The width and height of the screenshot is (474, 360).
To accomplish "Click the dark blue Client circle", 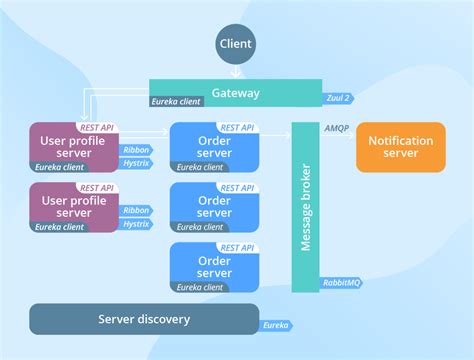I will [x=236, y=45].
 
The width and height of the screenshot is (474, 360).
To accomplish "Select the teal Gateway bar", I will [x=235, y=92].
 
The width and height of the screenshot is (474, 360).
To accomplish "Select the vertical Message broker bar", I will [x=304, y=205].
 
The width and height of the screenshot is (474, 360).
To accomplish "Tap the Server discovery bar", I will [x=143, y=319].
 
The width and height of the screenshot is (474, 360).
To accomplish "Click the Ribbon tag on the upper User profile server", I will [x=136, y=150].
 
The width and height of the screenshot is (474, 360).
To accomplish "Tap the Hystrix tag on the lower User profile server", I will [x=136, y=225].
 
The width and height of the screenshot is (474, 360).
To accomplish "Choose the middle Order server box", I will [x=214, y=206].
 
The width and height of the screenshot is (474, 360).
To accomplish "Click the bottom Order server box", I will [x=214, y=266].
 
